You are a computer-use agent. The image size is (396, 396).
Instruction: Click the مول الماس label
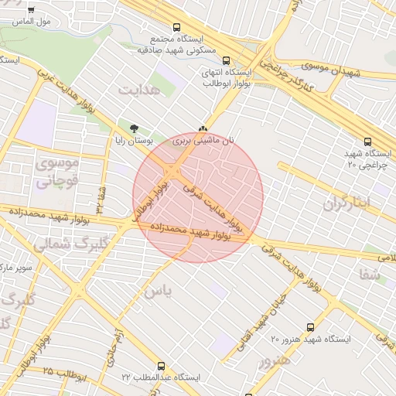[x=34, y=22]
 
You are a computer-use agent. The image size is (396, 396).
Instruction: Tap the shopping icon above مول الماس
[x=31, y=11]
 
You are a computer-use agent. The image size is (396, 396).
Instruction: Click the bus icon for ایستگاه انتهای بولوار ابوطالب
[x=226, y=60]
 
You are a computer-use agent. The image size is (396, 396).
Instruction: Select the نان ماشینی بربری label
[x=203, y=142]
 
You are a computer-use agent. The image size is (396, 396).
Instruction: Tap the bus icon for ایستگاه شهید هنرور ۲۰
[x=311, y=327]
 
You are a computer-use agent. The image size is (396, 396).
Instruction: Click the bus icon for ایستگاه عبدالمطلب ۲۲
[x=161, y=366]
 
